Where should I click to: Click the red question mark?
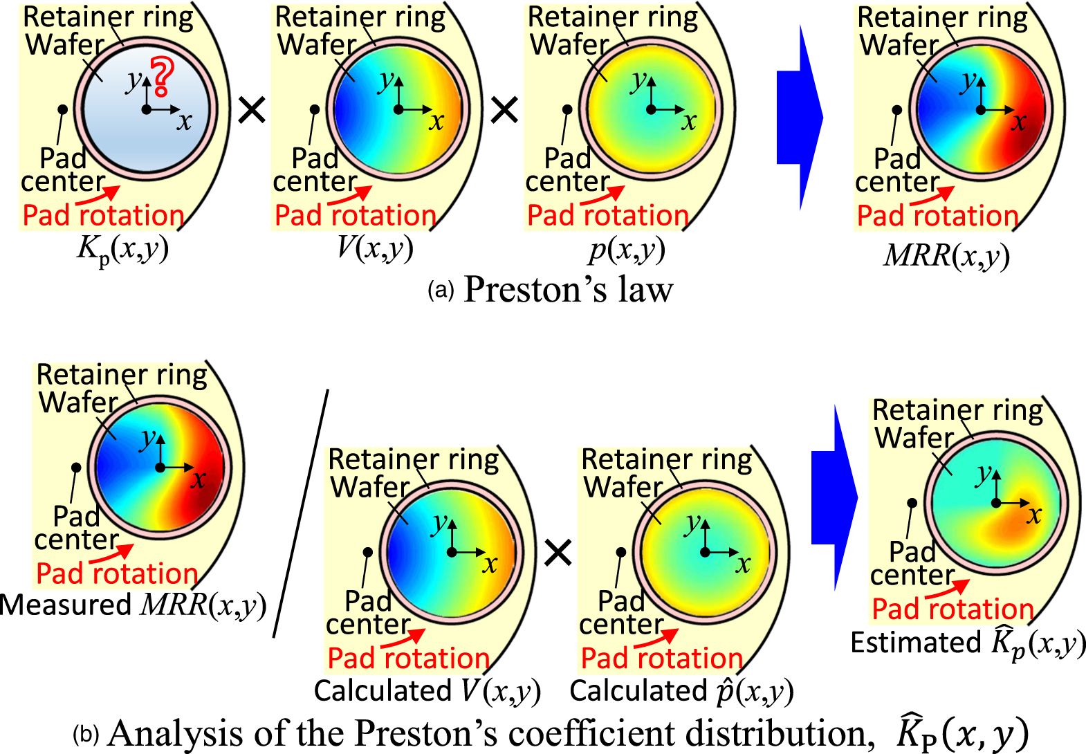tap(162, 77)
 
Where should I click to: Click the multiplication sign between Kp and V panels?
tap(252, 110)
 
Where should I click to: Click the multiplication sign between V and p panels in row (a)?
tap(504, 110)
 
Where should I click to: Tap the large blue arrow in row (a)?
tap(799, 118)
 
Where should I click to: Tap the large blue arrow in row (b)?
tap(834, 497)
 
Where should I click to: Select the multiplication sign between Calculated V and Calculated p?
tap(558, 553)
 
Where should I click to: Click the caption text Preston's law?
tap(567, 289)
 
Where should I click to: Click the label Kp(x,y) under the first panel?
tap(122, 249)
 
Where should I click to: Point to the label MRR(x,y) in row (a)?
tap(946, 256)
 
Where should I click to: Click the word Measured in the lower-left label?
tap(66, 605)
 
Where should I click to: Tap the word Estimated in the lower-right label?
tap(915, 643)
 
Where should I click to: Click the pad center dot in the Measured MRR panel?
tap(76, 468)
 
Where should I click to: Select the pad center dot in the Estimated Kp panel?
tap(912, 503)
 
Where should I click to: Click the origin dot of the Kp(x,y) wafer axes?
tap(147, 109)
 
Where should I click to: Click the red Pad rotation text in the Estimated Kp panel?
tap(952, 609)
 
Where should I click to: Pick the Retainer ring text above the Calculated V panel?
tap(413, 459)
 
